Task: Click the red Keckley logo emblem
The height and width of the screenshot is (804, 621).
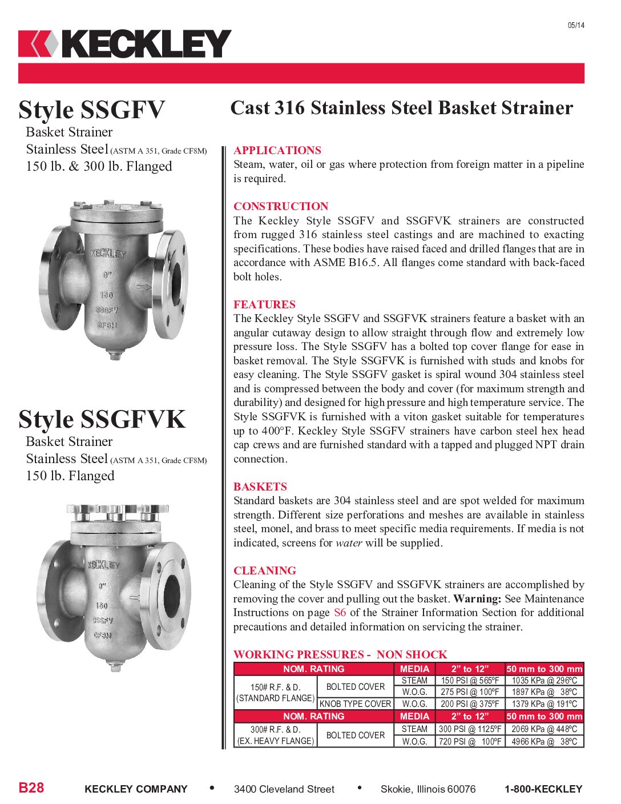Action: click(38, 44)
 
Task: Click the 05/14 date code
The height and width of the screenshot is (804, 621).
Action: click(576, 25)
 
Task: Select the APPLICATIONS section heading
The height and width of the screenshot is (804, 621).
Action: click(277, 150)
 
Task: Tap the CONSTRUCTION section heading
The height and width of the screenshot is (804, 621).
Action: click(281, 206)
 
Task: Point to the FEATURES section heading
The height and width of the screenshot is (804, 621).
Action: click(264, 304)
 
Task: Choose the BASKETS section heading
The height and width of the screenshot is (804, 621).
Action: click(260, 487)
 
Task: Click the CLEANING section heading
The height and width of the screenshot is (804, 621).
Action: click(265, 570)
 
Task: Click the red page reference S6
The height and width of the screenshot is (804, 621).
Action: click(340, 613)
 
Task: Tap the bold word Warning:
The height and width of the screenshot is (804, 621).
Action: click(477, 598)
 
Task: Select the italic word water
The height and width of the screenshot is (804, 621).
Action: click(349, 542)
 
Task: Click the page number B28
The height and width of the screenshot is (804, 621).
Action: click(31, 788)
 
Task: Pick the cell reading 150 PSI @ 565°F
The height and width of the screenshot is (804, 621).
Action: click(470, 681)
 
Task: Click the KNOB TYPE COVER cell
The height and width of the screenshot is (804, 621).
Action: click(355, 704)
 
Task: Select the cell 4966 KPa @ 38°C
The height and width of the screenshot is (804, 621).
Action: click(544, 741)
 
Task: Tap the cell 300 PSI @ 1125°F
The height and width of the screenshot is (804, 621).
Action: click(470, 729)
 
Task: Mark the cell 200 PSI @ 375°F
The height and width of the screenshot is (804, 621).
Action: click(470, 704)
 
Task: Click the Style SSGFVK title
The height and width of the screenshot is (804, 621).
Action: click(102, 419)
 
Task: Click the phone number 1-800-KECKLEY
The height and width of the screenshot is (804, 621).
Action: click(543, 789)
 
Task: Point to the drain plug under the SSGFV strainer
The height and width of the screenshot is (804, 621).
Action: click(115, 356)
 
